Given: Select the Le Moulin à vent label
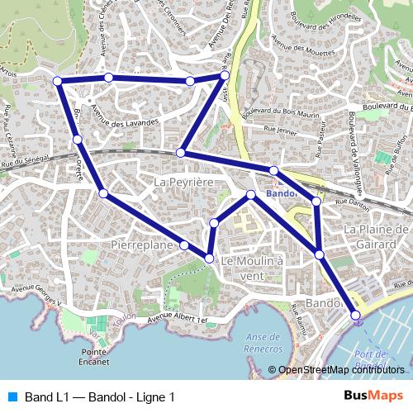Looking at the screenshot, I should pos(253,268).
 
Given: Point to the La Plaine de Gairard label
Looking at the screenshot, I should pos(376,236).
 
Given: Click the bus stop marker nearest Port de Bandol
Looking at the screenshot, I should pos(356,315).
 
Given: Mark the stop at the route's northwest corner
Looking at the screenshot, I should pos(58,80).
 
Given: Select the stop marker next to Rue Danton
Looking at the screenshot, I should pos(316,201).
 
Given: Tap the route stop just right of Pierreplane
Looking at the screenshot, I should pos(184,245).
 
